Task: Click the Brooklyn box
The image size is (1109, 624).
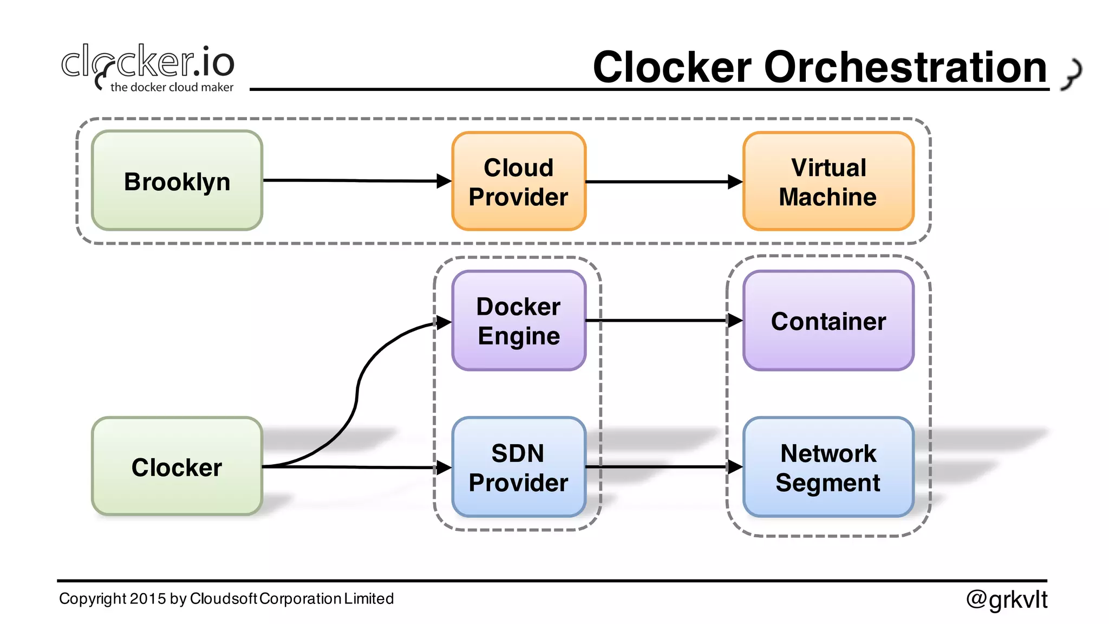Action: tap(177, 181)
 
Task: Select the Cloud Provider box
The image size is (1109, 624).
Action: tap(519, 181)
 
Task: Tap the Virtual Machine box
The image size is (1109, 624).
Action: tap(828, 181)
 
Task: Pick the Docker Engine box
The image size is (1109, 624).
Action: tap(519, 321)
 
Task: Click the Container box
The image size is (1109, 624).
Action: tap(828, 321)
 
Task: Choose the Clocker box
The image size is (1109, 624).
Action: tap(177, 466)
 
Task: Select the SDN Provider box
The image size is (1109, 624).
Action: tap(519, 467)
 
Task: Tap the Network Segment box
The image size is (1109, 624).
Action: tap(828, 467)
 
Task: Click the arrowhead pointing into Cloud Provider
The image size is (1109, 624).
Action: tap(444, 181)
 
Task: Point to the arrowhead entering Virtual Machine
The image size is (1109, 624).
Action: tap(735, 181)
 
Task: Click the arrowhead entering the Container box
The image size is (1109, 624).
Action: tap(735, 321)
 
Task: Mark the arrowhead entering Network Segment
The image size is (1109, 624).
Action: tap(735, 466)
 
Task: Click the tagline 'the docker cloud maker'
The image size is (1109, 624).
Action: tap(172, 87)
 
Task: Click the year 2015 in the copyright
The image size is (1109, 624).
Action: tap(148, 599)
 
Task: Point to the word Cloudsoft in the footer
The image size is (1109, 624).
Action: tap(223, 599)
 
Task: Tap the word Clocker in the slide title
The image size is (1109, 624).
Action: tap(672, 68)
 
